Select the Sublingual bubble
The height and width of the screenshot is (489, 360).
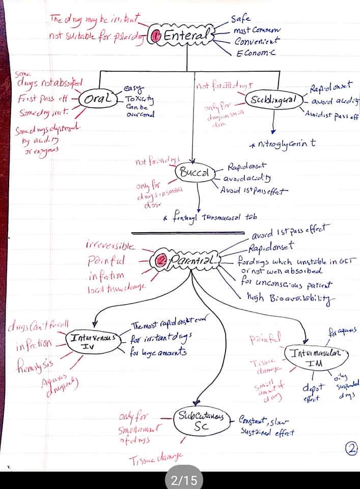pos(272,99)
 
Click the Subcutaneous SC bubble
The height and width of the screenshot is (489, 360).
pos(200,420)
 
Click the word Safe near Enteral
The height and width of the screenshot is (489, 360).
pos(240,19)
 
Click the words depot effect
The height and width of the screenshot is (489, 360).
pos(311,392)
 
